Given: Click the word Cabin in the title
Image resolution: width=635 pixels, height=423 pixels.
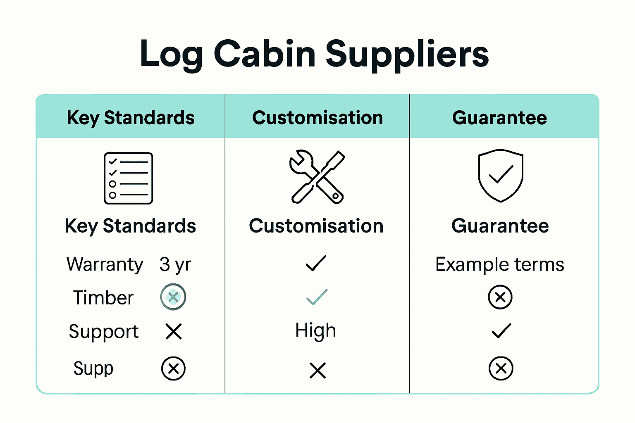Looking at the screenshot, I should click(x=265, y=54).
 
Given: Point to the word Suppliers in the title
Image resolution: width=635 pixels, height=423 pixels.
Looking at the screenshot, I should click(x=407, y=54).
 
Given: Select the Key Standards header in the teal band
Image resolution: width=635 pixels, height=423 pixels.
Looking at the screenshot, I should click(x=131, y=118).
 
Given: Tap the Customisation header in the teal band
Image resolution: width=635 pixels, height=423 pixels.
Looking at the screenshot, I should click(x=317, y=118).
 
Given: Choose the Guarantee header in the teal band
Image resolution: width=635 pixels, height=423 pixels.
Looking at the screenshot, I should click(x=499, y=118).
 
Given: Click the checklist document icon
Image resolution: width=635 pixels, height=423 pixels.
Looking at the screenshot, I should click(x=128, y=178).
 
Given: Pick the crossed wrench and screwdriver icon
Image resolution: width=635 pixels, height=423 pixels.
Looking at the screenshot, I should click(x=317, y=176).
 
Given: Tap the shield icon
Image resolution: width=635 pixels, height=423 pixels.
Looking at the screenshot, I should click(x=501, y=175).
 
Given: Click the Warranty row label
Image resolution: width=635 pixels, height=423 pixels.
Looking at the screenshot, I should click(x=105, y=264).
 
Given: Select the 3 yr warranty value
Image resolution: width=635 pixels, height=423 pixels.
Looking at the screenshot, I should click(x=175, y=264).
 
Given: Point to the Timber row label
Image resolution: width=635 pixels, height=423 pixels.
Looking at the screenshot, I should click(x=103, y=298).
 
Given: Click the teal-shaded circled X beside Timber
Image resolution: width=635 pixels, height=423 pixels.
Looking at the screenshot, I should click(x=173, y=297).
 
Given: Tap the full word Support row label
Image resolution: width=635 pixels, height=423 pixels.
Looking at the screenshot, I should click(x=104, y=332).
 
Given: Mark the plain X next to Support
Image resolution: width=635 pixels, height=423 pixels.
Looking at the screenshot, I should click(x=174, y=331).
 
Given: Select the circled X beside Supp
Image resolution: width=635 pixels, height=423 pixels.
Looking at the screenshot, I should click(x=173, y=368).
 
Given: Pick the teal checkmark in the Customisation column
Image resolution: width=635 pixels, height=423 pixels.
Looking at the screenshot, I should click(x=317, y=297).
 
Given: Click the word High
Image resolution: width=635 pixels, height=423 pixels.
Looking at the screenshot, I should click(x=315, y=331).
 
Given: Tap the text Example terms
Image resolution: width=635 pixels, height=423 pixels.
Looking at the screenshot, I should click(x=499, y=264).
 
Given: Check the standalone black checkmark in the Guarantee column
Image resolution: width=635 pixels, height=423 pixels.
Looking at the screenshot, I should click(x=501, y=331).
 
